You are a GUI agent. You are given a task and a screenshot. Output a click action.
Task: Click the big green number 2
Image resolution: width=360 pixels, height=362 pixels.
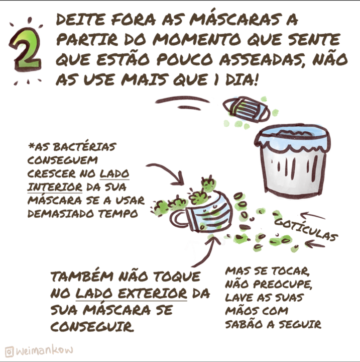coord(25,50)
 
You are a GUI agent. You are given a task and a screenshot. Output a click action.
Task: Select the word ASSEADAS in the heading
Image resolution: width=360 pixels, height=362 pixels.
coord(263,60)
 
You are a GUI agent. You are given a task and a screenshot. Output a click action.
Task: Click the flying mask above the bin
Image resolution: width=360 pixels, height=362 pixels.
coord(247,110)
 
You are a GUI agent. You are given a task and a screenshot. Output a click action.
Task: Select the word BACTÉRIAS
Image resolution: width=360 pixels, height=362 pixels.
coord(84,147)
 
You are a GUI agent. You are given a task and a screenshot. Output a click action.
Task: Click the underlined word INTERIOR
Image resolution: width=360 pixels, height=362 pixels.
coord(55,187)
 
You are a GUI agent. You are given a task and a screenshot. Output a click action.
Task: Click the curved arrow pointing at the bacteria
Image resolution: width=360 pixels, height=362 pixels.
coord(168,170)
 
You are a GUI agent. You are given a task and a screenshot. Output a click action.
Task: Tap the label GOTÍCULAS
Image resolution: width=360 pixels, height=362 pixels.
coord(306,229)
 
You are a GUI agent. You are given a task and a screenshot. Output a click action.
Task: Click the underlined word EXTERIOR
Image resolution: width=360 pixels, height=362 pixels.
coord(153,294)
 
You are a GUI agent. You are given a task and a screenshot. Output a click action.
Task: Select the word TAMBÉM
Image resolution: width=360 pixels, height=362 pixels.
coord(82,277)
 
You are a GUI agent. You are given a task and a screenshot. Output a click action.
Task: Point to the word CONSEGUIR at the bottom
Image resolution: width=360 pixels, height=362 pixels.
coord(92,326)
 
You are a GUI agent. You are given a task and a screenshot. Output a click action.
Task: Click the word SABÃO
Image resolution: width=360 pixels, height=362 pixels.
coord(244,324)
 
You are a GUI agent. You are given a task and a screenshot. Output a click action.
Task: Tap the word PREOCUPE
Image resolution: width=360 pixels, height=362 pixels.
coord(283,284)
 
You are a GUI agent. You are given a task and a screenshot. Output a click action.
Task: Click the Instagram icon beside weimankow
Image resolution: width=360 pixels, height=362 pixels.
coord(9,352)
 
